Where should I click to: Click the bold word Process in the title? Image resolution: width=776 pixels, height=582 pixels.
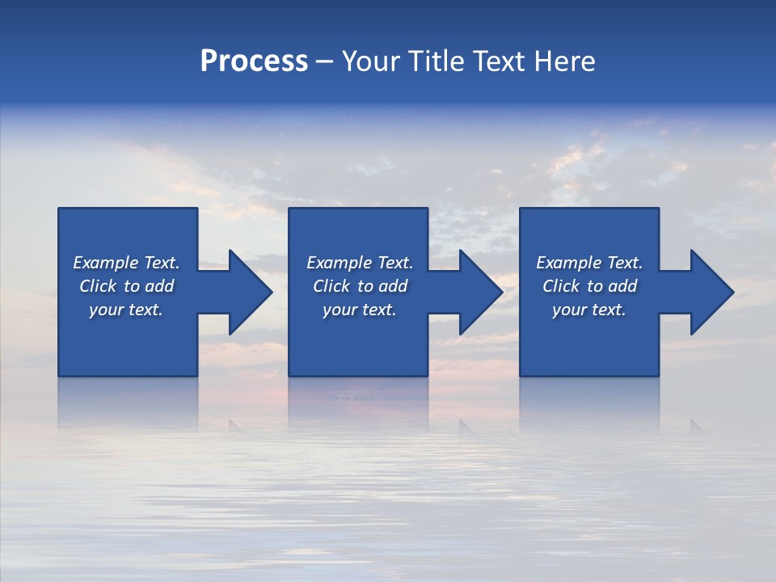tap(254, 61)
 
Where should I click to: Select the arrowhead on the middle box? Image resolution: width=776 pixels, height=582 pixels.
tap(479, 292)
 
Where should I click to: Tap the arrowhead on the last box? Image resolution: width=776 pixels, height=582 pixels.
tap(711, 292)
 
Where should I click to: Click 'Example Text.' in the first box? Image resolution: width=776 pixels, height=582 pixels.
tap(126, 263)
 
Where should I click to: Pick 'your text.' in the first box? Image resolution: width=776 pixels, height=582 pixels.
tap(126, 310)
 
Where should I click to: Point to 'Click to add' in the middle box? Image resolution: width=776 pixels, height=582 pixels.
tap(360, 286)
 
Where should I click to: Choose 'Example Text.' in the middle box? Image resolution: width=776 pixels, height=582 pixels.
tap(360, 263)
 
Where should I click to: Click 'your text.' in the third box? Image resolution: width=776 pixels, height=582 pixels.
tap(589, 310)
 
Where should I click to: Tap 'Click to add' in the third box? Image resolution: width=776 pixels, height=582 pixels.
tap(589, 286)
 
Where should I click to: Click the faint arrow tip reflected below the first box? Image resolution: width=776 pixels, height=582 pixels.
tap(234, 423)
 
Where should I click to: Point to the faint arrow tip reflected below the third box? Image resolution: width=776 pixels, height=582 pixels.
tap(695, 423)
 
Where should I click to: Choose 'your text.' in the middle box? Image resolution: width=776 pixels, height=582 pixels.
tap(360, 310)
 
